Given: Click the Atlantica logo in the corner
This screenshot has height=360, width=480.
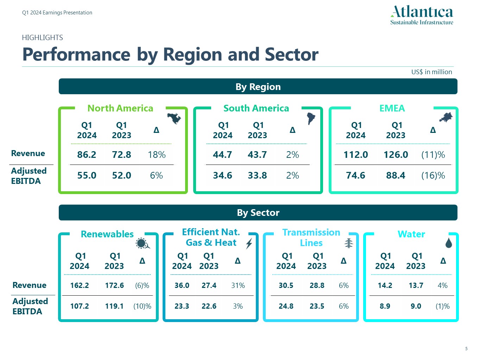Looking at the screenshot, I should (x=422, y=15).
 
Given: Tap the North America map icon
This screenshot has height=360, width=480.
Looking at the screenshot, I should (x=174, y=118).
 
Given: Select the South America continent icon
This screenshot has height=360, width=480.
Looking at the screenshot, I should (x=311, y=118).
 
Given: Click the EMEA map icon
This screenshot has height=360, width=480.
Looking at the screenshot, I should (x=446, y=117).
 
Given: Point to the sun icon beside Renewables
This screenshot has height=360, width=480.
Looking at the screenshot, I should (x=142, y=243).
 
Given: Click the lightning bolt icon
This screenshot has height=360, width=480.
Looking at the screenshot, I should (x=249, y=243).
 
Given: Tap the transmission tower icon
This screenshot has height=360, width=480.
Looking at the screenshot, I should (x=348, y=243).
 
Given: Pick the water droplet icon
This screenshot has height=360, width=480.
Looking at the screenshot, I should (x=449, y=243).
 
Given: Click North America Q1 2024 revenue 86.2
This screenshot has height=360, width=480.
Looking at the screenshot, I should (x=87, y=155).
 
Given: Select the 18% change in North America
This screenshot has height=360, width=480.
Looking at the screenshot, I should (x=157, y=155).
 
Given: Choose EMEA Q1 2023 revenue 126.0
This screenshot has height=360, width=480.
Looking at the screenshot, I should (x=396, y=155).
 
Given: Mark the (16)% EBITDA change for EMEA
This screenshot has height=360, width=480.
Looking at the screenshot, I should (x=433, y=175).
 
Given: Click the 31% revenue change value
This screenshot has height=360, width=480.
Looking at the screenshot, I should (x=238, y=285).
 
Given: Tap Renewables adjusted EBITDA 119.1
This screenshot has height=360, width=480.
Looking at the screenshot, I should (x=114, y=306).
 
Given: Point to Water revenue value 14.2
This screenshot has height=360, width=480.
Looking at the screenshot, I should (x=385, y=285).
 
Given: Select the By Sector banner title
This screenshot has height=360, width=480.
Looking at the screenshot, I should (x=258, y=213).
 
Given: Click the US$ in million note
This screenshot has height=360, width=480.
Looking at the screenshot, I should (x=431, y=72).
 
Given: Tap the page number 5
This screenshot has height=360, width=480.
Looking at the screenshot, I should (x=466, y=349).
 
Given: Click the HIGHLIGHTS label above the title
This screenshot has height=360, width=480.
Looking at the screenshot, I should (x=43, y=38).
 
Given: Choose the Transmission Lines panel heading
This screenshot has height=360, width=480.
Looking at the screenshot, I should (x=311, y=238).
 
